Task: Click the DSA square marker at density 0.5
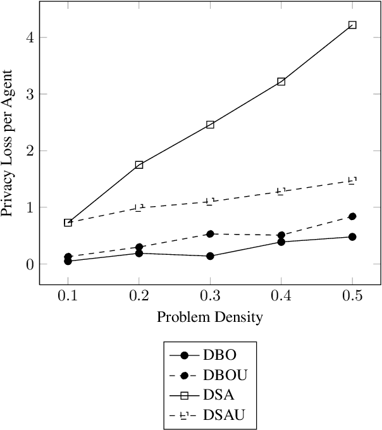[352, 25]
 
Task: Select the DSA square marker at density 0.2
[139, 164]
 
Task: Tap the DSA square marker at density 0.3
[210, 125]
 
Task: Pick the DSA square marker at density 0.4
[281, 82]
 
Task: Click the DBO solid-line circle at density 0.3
[210, 256]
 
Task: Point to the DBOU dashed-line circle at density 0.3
[210, 234]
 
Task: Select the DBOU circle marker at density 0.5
[352, 216]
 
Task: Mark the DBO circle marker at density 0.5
[352, 236]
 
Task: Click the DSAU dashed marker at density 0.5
[352, 181]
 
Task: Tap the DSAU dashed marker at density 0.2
[139, 207]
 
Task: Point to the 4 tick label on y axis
[28, 37]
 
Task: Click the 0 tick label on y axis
[28, 264]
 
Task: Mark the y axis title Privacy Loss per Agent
[9, 150]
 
